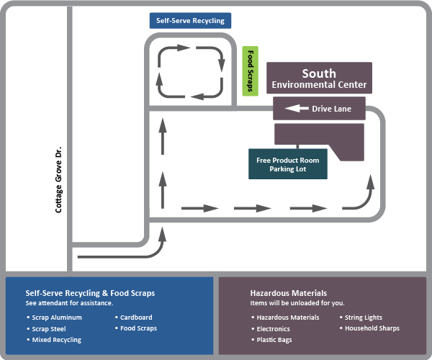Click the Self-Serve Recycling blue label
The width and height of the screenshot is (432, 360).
pyautogui.click(x=190, y=20)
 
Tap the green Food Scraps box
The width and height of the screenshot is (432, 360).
pyautogui.click(x=250, y=71)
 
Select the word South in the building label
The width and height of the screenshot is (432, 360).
pyautogui.click(x=319, y=73)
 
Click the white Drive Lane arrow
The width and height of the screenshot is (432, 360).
pyautogui.click(x=296, y=109)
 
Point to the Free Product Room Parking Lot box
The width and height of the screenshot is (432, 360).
pyautogui.click(x=288, y=164)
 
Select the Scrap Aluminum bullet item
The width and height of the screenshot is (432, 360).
pyautogui.click(x=57, y=318)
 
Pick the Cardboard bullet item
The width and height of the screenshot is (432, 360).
pyautogui.click(x=136, y=318)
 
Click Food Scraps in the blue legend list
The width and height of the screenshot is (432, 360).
pyautogui.click(x=138, y=328)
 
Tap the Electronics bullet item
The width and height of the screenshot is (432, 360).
pyautogui.click(x=273, y=328)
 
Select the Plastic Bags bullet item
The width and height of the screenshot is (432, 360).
pyautogui.click(x=274, y=339)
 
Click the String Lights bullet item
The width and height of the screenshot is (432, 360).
pyautogui.click(x=364, y=318)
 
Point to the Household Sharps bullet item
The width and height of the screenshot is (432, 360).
pyautogui.click(x=372, y=328)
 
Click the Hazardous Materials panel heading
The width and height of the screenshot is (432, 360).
pyautogui.click(x=288, y=293)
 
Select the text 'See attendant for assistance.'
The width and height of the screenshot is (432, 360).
pyautogui.click(x=69, y=302)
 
